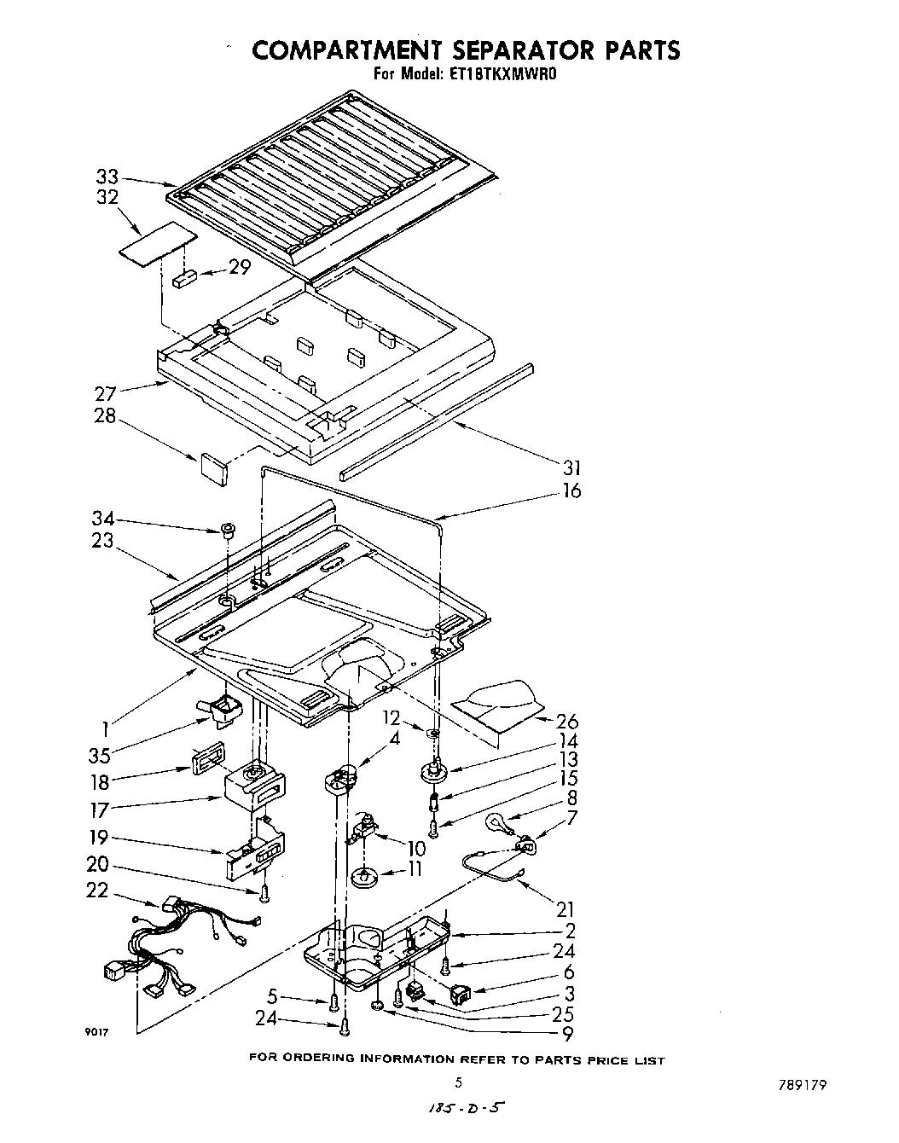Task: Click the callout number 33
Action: (x=107, y=177)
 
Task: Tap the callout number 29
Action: (x=240, y=267)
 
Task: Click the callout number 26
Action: (x=566, y=722)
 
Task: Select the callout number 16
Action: (x=571, y=490)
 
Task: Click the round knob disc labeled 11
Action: (x=364, y=876)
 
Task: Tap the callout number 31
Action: (x=571, y=467)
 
